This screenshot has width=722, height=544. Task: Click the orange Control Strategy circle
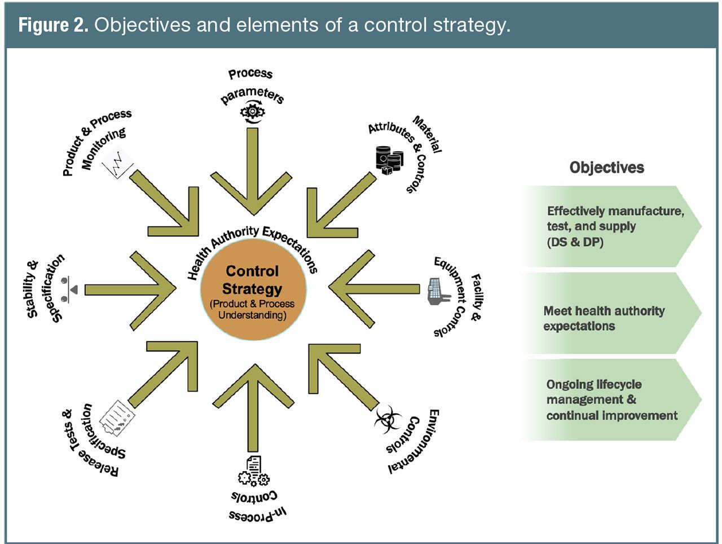[253, 289]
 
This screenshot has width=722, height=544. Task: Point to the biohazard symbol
[388, 419]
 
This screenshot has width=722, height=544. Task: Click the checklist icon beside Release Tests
[117, 418]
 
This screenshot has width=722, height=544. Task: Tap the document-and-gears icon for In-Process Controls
[254, 471]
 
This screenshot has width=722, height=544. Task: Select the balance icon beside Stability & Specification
[69, 289]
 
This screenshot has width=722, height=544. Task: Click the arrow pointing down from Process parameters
[252, 171]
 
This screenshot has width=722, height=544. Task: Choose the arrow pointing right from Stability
[130, 290]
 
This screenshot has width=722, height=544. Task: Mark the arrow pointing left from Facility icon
[375, 289]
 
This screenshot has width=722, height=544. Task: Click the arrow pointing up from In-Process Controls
[253, 407]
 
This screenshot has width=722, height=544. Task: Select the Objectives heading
[606, 168]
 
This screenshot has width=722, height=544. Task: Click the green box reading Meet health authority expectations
[612, 313]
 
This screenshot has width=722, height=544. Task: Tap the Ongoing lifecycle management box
[612, 400]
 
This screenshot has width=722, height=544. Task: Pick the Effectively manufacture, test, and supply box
[612, 226]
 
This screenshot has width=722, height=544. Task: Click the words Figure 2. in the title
[53, 25]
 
